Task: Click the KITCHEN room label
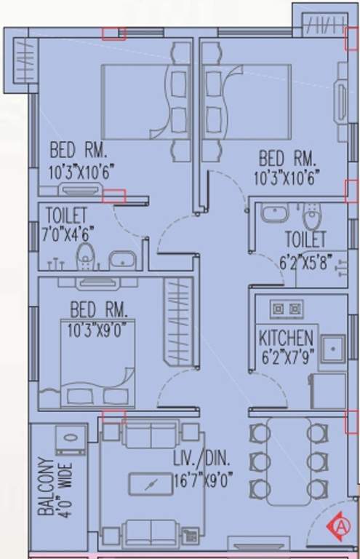pyautogui.click(x=286, y=338)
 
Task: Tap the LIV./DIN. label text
pyautogui.click(x=201, y=459)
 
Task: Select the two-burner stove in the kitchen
pyautogui.click(x=286, y=309)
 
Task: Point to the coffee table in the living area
pyautogui.click(x=150, y=484)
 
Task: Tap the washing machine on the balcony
pyautogui.click(x=71, y=440)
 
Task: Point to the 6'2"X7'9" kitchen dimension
pyautogui.click(x=286, y=357)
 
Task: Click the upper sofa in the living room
pyautogui.click(x=150, y=435)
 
